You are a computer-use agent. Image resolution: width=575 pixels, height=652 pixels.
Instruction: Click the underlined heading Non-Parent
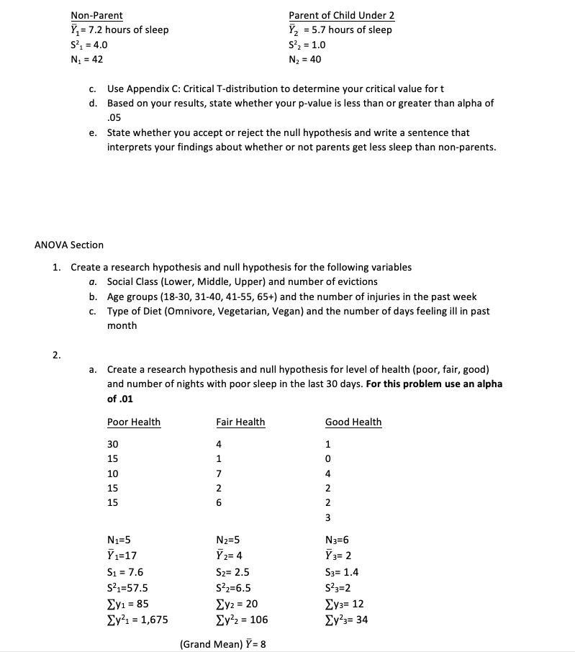click(x=96, y=15)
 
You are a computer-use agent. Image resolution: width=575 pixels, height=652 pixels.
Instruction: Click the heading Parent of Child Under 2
click(x=341, y=15)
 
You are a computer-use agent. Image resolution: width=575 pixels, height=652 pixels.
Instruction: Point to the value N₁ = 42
click(x=86, y=59)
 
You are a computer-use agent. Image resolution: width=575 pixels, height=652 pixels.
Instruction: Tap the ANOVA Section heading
click(x=69, y=245)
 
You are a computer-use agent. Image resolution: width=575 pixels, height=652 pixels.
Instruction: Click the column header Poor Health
click(x=134, y=422)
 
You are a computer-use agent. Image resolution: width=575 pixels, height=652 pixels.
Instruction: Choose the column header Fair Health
click(x=240, y=422)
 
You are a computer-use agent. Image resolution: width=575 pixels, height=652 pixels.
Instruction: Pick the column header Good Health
click(x=353, y=422)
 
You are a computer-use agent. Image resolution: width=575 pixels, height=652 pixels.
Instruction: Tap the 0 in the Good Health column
click(x=327, y=458)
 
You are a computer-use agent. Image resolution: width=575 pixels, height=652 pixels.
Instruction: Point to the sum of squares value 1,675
click(x=153, y=619)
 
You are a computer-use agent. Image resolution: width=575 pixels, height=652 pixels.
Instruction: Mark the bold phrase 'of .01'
click(x=120, y=399)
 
